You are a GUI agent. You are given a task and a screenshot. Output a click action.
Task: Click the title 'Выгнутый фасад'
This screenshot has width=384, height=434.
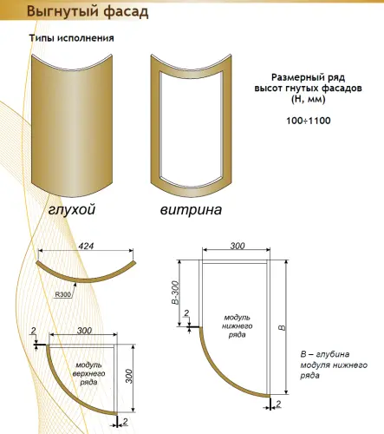coord(88,12)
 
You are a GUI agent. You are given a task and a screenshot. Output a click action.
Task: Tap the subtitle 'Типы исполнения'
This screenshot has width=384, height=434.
coord(71,38)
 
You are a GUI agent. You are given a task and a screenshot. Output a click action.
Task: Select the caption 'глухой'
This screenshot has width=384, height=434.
coord(72,210)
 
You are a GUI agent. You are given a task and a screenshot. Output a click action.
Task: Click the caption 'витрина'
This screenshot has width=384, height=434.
coord(191,210)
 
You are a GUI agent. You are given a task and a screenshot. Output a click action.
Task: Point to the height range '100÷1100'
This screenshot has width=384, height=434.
coord(309,121)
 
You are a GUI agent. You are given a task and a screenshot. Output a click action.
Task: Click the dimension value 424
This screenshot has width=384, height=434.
coord(86,246)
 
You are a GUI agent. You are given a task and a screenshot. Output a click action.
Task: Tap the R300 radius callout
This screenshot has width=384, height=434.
coord(63,294)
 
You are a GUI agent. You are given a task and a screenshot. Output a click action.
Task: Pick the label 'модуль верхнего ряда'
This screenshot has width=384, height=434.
coord(88,373)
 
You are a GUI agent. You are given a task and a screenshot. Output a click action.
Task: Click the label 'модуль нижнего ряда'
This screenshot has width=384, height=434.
coord(238,326)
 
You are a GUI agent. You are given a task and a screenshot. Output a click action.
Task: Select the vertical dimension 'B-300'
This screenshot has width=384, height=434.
coord(175,293)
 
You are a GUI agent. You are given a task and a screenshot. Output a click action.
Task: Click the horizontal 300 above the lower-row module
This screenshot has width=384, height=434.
coord(238,246)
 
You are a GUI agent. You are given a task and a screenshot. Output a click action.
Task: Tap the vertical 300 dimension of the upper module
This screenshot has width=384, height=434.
coord(129,376)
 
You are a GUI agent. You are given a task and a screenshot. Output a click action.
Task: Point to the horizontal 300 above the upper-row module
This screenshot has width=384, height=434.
coord(84,331)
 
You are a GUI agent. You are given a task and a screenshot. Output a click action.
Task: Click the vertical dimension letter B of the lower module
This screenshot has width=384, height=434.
coord(283,328)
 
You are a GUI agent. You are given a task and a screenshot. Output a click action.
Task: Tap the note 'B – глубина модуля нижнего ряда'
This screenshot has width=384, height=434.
coord(334,365)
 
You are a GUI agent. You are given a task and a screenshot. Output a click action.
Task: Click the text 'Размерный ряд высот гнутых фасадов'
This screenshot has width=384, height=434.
coord(308,82)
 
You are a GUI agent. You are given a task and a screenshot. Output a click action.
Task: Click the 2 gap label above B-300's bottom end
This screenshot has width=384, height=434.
coord(186,312)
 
